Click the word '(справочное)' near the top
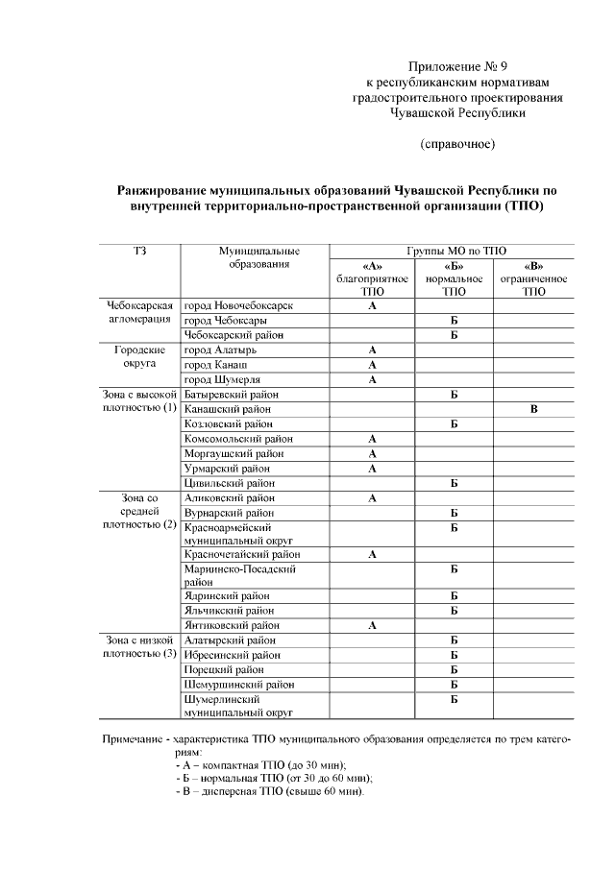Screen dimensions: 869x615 click(457, 144)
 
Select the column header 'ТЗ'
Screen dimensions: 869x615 click(139, 251)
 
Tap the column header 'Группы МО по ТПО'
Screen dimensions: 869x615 click(455, 251)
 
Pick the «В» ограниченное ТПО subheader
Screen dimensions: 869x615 click(533, 278)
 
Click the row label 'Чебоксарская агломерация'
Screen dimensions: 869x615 click(139, 312)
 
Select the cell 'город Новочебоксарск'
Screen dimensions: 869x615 click(238, 305)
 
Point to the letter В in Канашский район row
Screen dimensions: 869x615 click(533, 409)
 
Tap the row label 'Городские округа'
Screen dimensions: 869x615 click(140, 357)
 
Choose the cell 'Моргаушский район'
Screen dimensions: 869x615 click(234, 453)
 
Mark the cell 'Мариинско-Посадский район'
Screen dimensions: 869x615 click(240, 575)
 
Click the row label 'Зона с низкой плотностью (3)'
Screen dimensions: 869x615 click(139, 646)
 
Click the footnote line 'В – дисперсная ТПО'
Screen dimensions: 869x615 click(269, 791)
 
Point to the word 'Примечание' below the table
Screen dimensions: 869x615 click(131, 741)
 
